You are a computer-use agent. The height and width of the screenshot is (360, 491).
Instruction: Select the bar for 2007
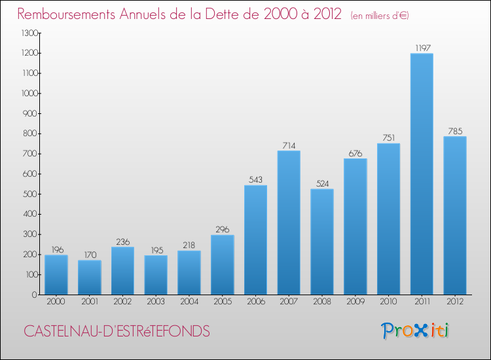click(289, 223)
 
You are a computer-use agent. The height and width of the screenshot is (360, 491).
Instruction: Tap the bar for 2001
click(89, 277)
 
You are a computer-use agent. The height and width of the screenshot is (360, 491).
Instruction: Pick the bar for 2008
click(322, 242)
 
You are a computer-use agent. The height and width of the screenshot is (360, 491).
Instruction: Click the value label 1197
click(422, 47)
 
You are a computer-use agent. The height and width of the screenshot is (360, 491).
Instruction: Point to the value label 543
click(255, 179)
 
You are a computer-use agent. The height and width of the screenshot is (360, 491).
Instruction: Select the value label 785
click(455, 131)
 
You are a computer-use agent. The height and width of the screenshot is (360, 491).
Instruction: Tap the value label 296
click(222, 229)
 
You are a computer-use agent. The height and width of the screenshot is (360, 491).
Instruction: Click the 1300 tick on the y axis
click(29, 33)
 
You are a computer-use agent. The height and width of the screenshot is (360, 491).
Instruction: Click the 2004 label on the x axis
click(189, 302)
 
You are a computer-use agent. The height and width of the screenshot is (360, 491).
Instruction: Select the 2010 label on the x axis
click(388, 302)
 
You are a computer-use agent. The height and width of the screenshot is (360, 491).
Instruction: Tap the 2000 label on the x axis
click(56, 302)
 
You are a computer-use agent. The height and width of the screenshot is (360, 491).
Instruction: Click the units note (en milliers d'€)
click(380, 16)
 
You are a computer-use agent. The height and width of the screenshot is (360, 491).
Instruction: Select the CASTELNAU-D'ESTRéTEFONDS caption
click(117, 332)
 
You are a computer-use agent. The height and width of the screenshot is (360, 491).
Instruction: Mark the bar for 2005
click(222, 264)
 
